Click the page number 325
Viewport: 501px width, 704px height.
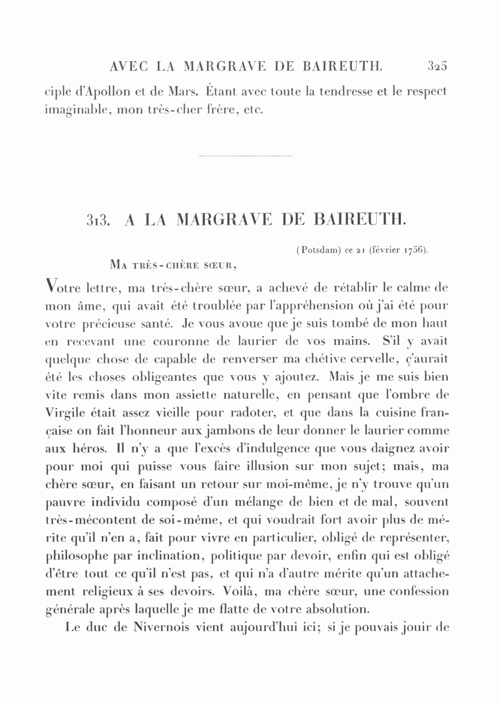[438, 67]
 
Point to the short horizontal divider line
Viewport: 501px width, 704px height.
[245, 156]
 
